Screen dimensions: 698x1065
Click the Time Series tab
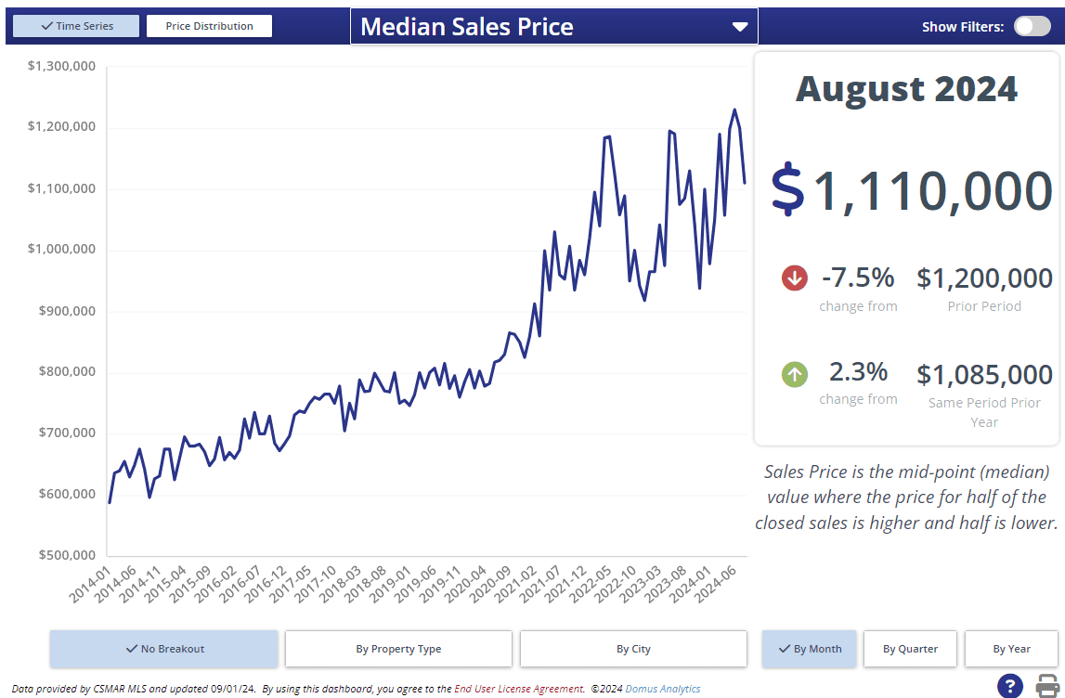[76, 26]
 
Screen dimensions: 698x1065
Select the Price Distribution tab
[209, 26]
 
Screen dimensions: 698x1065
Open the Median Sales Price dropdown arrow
[740, 27]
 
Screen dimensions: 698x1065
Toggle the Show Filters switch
[1032, 26]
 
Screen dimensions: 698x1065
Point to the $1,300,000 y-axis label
[61, 67]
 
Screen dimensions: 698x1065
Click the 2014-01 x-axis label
[91, 585]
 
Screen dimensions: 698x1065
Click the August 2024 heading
[906, 89]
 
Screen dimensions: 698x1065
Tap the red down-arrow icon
[795, 278]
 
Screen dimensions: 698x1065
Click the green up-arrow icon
[795, 375]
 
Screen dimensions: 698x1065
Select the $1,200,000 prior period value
[984, 278]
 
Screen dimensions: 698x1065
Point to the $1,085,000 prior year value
[984, 375]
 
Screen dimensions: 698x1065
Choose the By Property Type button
[398, 649]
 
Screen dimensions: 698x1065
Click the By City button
[633, 649]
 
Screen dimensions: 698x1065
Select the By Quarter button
[910, 649]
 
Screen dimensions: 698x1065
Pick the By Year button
[1011, 649]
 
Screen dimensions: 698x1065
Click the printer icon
[1047, 686]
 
